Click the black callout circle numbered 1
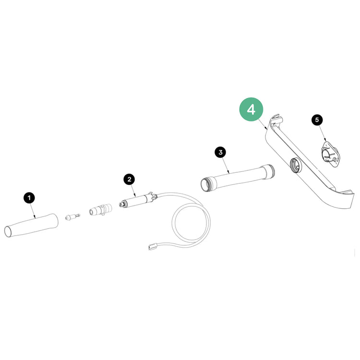(x=29, y=198)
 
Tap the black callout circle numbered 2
(x=129, y=179)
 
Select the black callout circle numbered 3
(x=220, y=152)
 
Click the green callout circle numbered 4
(x=251, y=109)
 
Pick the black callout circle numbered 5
(x=317, y=120)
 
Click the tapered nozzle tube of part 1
(x=31, y=226)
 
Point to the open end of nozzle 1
(x=8, y=232)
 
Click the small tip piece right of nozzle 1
(x=72, y=217)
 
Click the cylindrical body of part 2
(x=137, y=201)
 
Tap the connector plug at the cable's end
(x=152, y=247)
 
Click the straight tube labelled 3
(x=238, y=178)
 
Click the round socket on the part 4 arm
(x=296, y=165)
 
